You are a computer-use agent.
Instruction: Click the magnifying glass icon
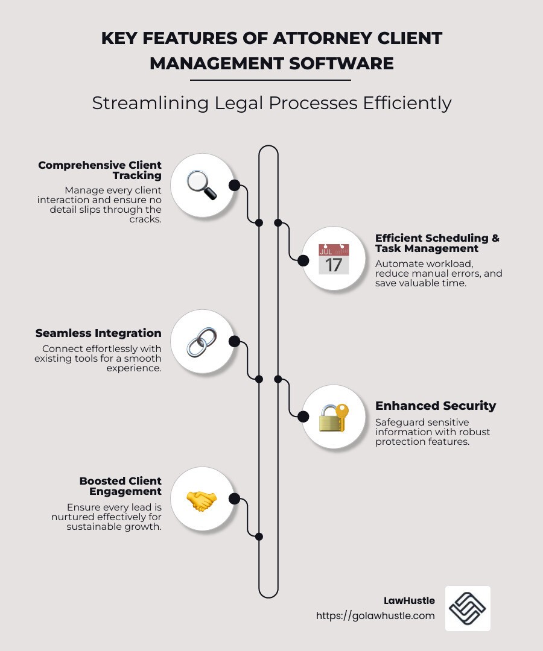[x=202, y=185]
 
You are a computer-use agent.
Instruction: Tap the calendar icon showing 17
[x=334, y=259]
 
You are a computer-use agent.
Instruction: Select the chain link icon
[x=202, y=342]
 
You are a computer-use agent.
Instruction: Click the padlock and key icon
[x=334, y=418]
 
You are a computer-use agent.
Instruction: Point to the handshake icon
[x=202, y=501]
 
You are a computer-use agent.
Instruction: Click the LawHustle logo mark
[x=468, y=609]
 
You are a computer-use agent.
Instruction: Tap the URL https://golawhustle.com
[x=375, y=615]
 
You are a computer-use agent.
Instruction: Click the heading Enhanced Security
[x=436, y=406]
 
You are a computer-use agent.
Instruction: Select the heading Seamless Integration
[x=98, y=333]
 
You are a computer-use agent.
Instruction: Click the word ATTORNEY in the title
[x=322, y=38]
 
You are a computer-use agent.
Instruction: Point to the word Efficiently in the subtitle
[x=407, y=103]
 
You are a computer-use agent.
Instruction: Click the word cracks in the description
[x=145, y=219]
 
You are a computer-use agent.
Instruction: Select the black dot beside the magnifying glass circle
[x=234, y=185]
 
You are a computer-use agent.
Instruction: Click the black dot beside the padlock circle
[x=303, y=417]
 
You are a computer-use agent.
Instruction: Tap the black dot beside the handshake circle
[x=234, y=498]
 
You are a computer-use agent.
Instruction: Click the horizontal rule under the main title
[x=270, y=80]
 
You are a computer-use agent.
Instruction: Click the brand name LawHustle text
[x=409, y=600]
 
